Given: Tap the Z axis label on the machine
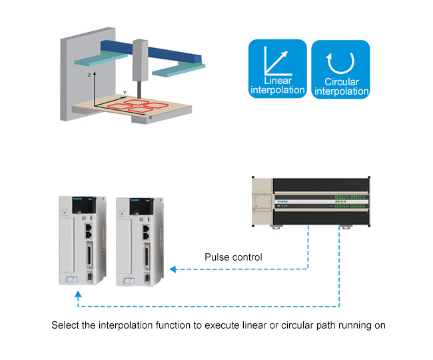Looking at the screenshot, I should coord(89,77).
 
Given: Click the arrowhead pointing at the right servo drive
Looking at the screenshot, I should coord(173,269).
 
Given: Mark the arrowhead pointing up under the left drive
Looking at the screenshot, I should coord(79,294).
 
